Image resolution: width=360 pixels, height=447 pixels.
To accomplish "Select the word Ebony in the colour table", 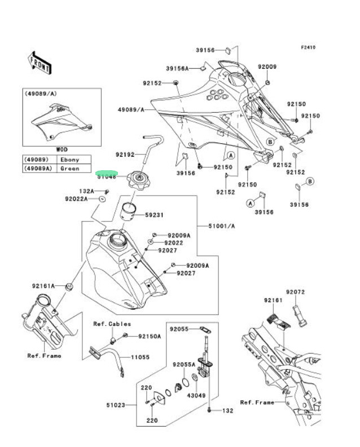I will tap(70, 160).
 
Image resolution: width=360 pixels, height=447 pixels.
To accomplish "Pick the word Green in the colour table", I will tap(70, 168).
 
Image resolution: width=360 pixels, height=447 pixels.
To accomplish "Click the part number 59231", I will tap(154, 215).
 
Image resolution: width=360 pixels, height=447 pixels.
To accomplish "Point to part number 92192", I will tap(125, 154).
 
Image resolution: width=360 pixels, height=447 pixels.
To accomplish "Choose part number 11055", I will tap(141, 357).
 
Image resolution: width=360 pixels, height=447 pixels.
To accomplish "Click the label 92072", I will tap(295, 292).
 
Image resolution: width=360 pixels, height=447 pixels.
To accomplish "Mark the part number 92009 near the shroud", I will tap(267, 67).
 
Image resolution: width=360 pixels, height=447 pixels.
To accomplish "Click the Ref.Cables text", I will tap(112, 324).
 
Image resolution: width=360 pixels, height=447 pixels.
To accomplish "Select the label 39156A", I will tap(177, 69).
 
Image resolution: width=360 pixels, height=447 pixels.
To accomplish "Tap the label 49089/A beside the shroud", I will tap(131, 109).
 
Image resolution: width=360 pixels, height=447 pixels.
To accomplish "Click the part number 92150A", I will tap(150, 336).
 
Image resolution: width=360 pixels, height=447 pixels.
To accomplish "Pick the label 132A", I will tap(86, 191).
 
